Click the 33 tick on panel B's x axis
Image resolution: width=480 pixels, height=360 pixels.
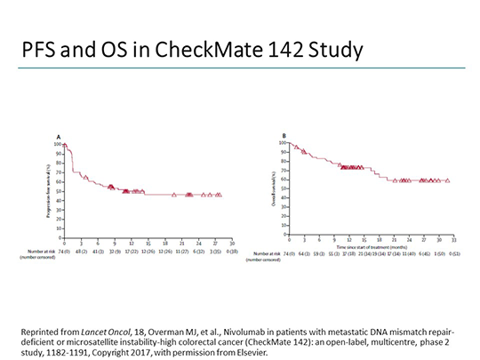454,240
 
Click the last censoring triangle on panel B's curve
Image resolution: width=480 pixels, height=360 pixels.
446,180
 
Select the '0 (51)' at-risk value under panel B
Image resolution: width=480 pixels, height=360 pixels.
454,253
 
